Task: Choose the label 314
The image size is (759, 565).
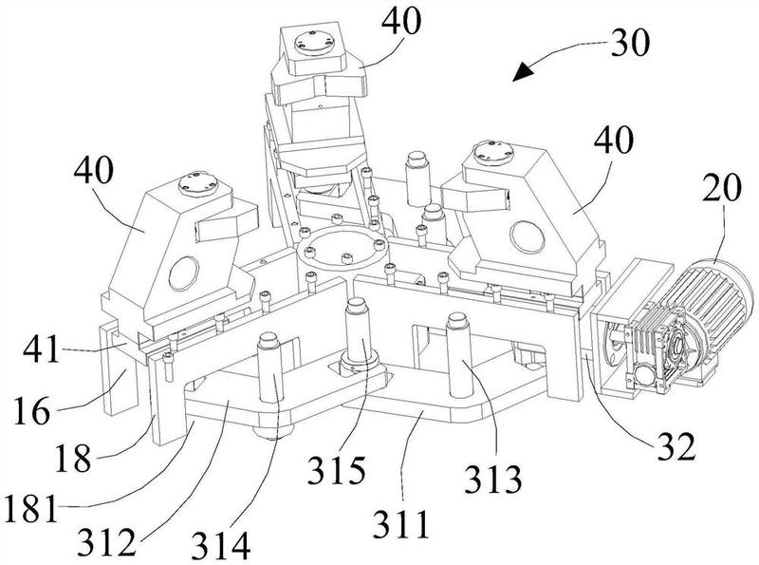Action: point(222,545)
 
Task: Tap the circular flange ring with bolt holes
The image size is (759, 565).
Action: point(342,252)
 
